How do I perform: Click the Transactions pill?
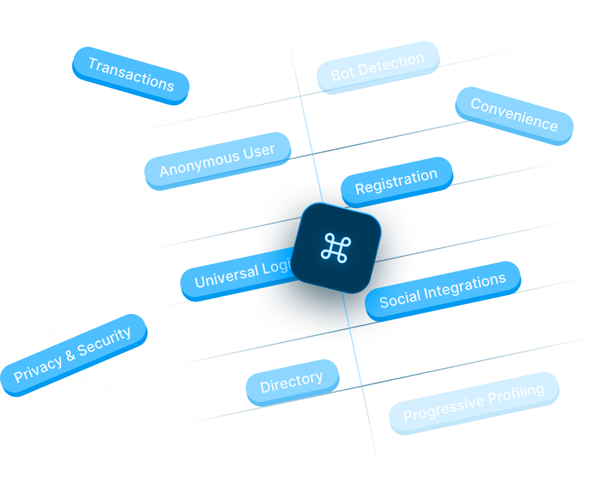pyautogui.click(x=130, y=74)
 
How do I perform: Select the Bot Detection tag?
pyautogui.click(x=378, y=67)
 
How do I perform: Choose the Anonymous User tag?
pyautogui.click(x=217, y=160)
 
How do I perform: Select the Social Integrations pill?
pyautogui.click(x=442, y=290)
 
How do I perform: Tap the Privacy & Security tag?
pyautogui.click(x=72, y=355)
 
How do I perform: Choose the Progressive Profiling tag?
pyautogui.click(x=474, y=402)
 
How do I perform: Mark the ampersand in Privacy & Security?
pyautogui.click(x=71, y=355)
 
